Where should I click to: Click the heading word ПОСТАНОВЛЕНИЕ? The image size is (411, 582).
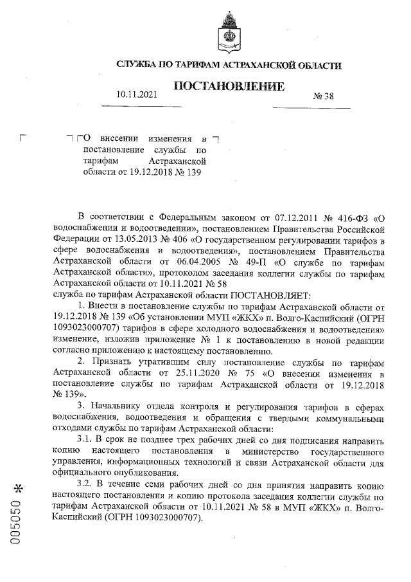[x=229, y=87]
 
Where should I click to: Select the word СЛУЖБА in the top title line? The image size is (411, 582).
[x=136, y=65]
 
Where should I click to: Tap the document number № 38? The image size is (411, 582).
[x=323, y=97]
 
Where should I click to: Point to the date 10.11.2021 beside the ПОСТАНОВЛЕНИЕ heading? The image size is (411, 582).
[x=137, y=95]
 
